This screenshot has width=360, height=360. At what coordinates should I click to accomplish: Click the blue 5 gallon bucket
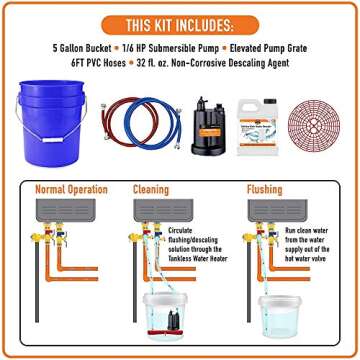point(53,119)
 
